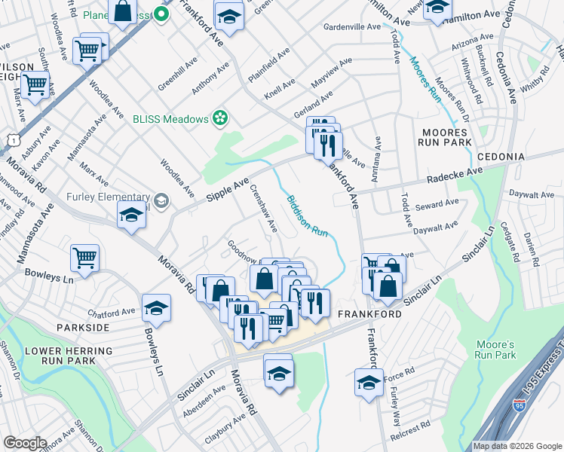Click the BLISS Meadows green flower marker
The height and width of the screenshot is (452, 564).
coord(219,118)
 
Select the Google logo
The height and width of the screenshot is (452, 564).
coord(26,443)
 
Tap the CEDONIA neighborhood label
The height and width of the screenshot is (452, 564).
coord(501,156)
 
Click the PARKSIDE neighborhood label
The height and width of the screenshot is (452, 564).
coord(82,328)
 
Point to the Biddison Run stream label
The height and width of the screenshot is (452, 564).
coord(307,216)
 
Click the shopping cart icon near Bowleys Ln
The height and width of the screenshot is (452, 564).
coord(85,258)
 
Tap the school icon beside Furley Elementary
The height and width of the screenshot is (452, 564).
coord(131,215)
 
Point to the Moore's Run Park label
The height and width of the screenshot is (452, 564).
coord(495,349)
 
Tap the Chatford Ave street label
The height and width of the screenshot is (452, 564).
coord(111,312)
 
